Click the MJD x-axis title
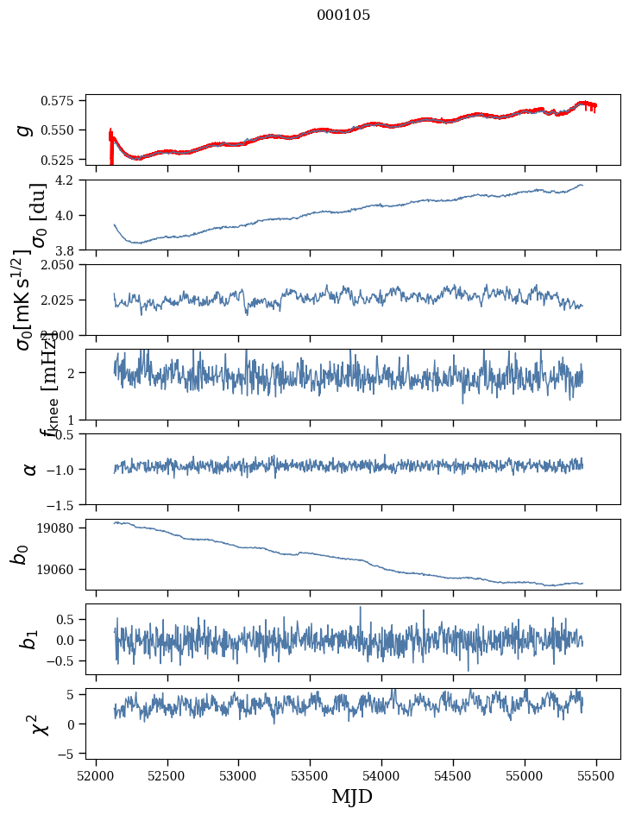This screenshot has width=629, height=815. click(352, 796)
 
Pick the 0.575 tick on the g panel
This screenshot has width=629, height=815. click(66, 101)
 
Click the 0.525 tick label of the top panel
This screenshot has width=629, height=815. click(66, 160)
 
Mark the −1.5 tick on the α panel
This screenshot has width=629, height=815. click(66, 504)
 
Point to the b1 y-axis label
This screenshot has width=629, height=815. click(30, 639)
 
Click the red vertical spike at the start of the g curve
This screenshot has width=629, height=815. click(110, 147)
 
